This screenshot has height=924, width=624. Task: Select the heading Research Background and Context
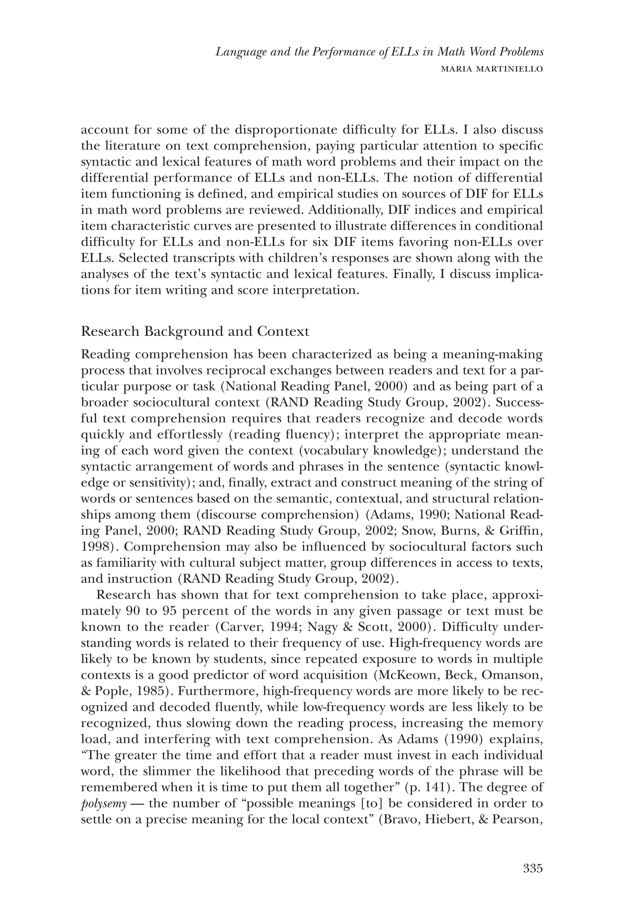[x=195, y=331]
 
